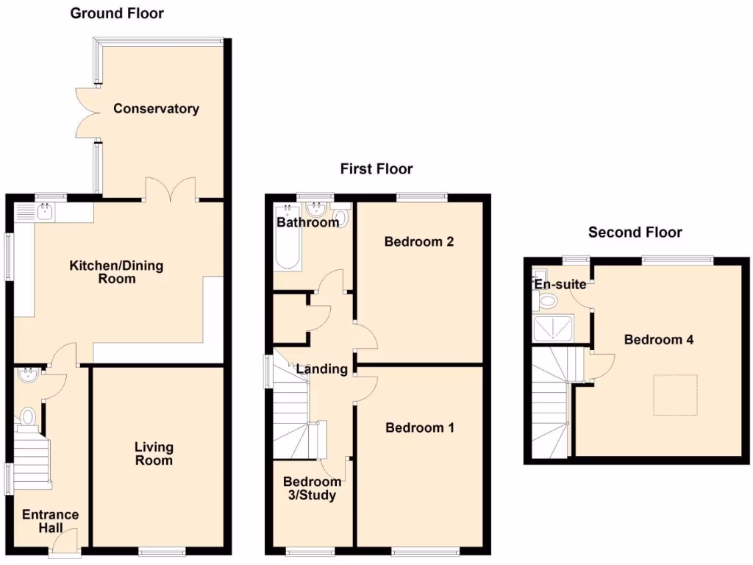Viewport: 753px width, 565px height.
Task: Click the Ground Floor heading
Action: tap(117, 13)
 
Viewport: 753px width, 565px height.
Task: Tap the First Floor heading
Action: tap(376, 169)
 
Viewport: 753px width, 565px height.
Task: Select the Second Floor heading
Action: tap(635, 232)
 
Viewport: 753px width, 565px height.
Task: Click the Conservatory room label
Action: tap(156, 109)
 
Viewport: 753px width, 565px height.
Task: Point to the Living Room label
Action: tap(154, 453)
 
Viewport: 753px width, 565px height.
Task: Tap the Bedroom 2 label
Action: tap(418, 241)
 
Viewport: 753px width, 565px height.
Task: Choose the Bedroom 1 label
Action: tap(420, 427)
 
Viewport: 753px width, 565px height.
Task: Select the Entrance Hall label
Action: tap(50, 521)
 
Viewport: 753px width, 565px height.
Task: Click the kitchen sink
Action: tap(45, 213)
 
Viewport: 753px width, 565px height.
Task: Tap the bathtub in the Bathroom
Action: tap(286, 248)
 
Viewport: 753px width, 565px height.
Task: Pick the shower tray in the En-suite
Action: tap(552, 330)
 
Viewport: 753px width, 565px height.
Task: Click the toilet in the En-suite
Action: tap(547, 300)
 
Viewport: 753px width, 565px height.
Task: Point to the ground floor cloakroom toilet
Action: tap(28, 417)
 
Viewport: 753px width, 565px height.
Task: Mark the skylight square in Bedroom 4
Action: tap(675, 395)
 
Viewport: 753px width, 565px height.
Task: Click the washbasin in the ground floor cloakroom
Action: tap(28, 374)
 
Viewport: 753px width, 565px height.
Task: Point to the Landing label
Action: tap(322, 369)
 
